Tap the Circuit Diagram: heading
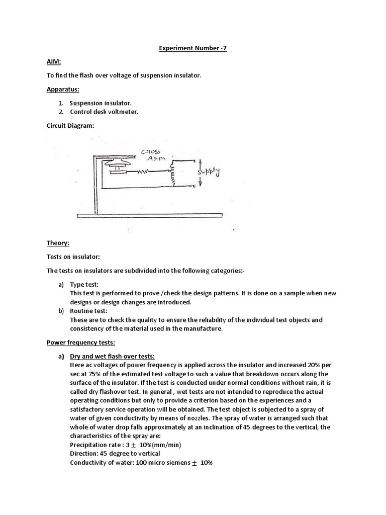70,126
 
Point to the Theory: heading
57,243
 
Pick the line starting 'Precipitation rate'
125,445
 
